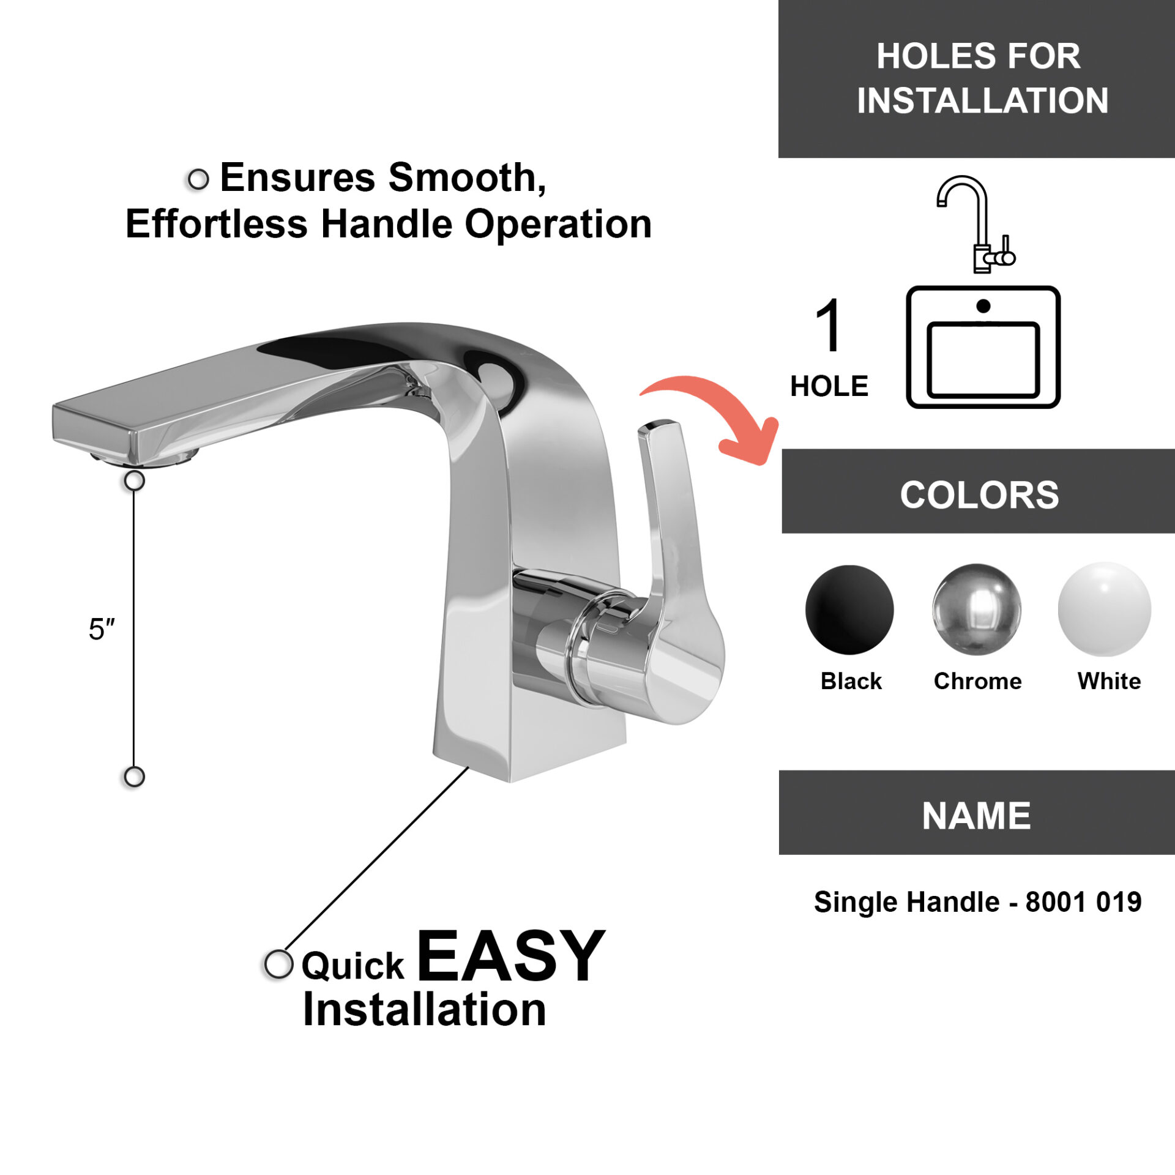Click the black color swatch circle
[x=849, y=609]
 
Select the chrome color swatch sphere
[x=977, y=609]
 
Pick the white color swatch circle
[x=1105, y=609]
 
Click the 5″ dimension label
[x=102, y=629]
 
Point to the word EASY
[x=511, y=955]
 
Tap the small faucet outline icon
[x=975, y=224]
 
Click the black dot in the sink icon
[x=983, y=306]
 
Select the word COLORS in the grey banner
[x=979, y=494]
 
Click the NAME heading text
[x=977, y=816]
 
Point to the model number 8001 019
[x=1084, y=902]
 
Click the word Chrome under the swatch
[x=977, y=681]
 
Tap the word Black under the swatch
[x=851, y=681]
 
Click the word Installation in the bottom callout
[x=425, y=1010]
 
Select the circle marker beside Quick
[x=279, y=964]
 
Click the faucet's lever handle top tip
[x=659, y=423]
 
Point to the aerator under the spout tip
[x=145, y=458]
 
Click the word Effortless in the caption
[x=217, y=223]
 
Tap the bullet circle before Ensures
[x=198, y=179]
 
